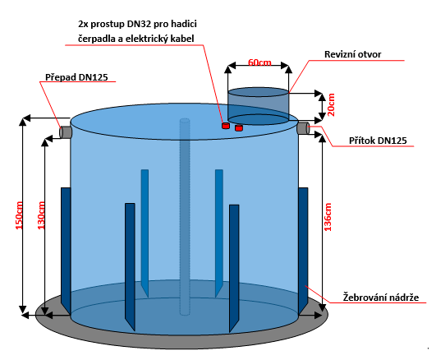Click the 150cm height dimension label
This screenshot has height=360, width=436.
tap(19, 215)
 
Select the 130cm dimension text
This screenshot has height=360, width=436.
tap(41, 215)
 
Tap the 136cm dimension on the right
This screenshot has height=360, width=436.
tap(328, 217)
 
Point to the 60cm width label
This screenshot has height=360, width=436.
tap(259, 62)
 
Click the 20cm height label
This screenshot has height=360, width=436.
tap(331, 104)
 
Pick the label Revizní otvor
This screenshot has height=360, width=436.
tap(352, 54)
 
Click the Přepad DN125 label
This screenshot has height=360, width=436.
tap(76, 77)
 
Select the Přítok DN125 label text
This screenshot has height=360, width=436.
tap(378, 141)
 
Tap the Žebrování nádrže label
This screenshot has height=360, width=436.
tap(381, 297)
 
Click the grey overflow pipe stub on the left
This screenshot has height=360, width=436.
tap(66, 132)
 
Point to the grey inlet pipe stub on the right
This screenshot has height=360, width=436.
tap(303, 127)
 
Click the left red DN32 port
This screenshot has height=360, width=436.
tap(226, 126)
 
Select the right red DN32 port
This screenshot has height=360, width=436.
tap(239, 127)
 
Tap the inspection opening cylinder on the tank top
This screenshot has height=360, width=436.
tap(259, 106)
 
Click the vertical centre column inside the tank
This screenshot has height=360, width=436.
tap(185, 217)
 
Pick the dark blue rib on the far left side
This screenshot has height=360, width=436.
tap(66, 247)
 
